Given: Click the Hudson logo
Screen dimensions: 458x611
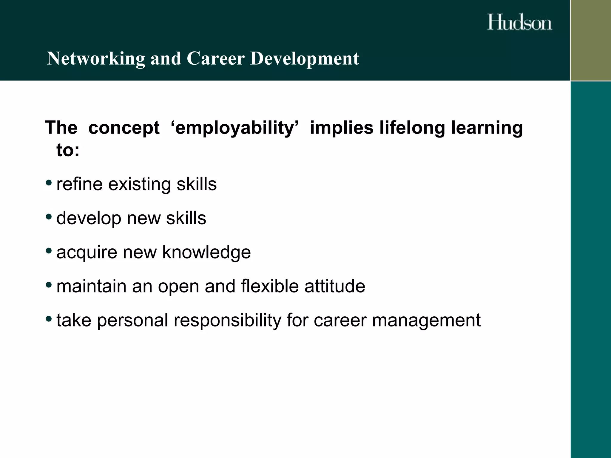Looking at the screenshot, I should (x=519, y=22).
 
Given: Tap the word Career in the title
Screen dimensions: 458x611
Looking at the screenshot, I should (x=215, y=58).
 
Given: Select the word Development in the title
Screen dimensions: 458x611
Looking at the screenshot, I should (x=304, y=58).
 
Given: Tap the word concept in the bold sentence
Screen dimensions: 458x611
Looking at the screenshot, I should (x=124, y=128).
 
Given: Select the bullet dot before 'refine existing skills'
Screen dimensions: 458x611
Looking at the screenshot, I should (x=49, y=182).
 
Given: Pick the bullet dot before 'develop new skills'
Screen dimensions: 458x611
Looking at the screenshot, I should (x=49, y=216).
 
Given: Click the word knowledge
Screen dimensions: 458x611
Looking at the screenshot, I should (x=206, y=252).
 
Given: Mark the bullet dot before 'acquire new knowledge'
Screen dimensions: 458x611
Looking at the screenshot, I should (x=49, y=250).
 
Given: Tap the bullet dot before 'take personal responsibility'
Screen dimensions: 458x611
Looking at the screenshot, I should (x=49, y=318).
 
